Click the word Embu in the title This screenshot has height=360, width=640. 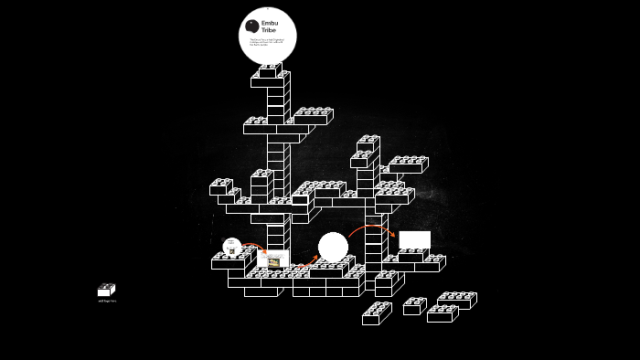270,23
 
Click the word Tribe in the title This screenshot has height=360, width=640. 268,30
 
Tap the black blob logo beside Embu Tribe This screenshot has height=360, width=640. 251,26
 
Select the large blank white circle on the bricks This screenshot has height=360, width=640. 333,247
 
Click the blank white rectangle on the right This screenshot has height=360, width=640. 414,239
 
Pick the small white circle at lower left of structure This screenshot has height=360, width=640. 232,247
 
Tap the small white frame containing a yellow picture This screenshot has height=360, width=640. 272,260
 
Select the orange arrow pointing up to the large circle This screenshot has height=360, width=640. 304,265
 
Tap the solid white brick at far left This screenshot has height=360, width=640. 106,291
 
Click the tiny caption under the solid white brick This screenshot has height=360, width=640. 107,301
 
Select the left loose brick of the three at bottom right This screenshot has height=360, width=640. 414,306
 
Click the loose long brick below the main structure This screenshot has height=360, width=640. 376,314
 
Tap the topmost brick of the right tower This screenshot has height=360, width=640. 368,143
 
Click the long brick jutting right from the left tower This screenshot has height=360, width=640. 312,116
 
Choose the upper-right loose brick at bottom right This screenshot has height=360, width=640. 456,299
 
